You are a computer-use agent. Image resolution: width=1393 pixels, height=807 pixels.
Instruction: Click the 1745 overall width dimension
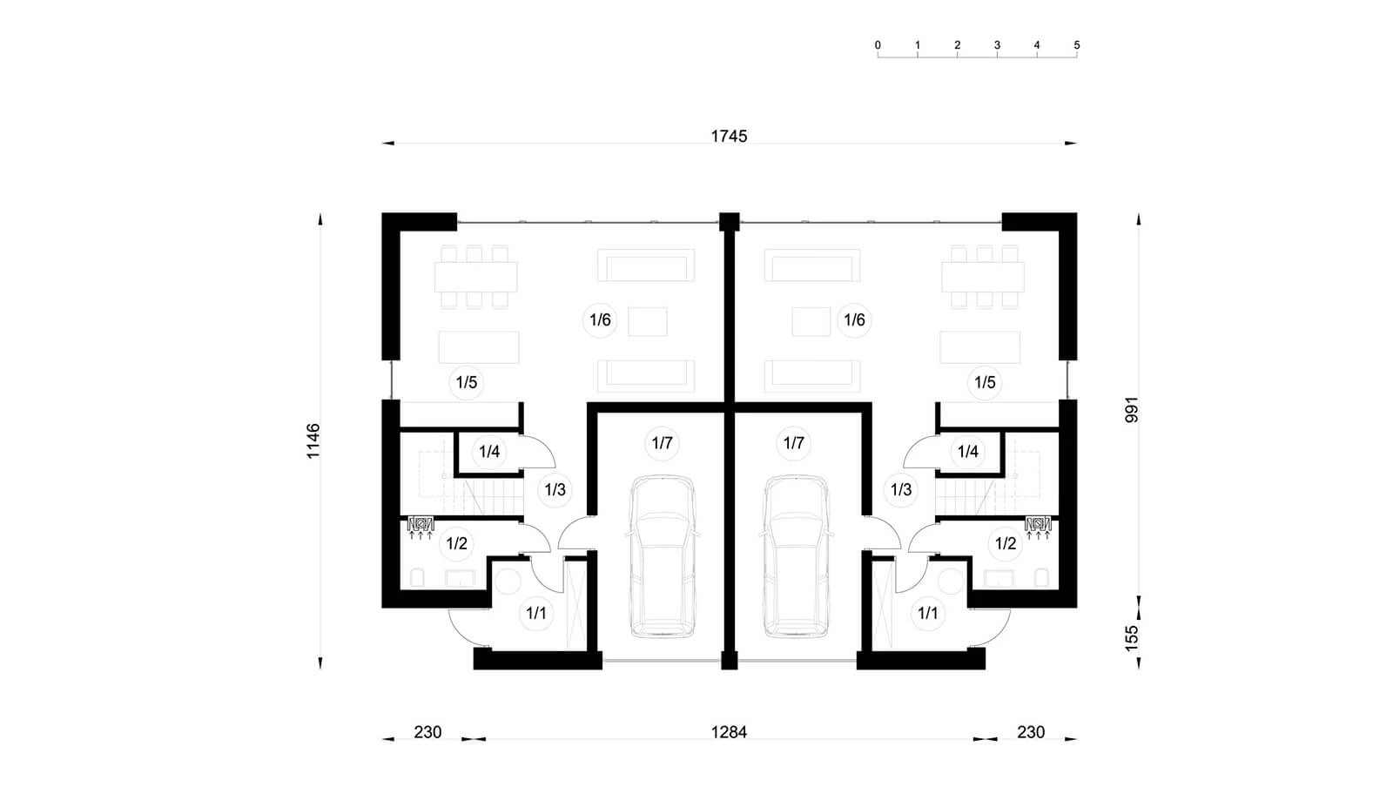click(729, 136)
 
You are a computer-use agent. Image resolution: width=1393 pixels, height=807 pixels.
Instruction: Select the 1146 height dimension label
click(313, 440)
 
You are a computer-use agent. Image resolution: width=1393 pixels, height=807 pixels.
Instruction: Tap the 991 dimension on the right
click(1131, 410)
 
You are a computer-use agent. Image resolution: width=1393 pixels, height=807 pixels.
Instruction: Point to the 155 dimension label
click(1131, 638)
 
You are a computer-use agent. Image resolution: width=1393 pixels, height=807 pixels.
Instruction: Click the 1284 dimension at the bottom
click(729, 732)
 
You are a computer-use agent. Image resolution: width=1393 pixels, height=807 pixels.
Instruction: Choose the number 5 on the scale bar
click(1076, 45)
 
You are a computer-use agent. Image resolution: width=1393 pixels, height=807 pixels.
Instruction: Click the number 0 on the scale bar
click(878, 45)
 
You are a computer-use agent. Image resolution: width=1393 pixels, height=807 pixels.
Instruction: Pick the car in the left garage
click(663, 555)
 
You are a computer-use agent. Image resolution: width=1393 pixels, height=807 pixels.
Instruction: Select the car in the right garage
click(796, 555)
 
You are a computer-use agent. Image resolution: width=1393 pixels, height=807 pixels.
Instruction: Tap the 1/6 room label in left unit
click(600, 320)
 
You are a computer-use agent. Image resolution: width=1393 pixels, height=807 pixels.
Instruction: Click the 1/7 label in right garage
click(793, 443)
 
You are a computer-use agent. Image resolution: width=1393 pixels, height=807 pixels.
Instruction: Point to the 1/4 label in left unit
click(489, 451)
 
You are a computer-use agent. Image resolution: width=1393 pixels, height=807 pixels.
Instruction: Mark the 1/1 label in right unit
click(928, 614)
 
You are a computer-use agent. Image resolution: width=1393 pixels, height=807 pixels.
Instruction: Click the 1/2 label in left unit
click(456, 543)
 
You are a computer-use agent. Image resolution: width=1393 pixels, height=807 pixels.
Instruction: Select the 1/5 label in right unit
click(985, 382)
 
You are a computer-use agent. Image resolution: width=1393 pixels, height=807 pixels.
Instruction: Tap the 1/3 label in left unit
click(555, 490)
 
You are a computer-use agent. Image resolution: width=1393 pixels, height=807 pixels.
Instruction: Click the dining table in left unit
click(475, 277)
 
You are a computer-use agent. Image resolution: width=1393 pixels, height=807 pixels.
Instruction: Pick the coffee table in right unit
click(811, 321)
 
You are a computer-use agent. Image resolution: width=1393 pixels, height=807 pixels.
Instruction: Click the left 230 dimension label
click(427, 732)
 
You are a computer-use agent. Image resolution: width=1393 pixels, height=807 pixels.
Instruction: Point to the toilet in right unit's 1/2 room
click(1041, 577)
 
